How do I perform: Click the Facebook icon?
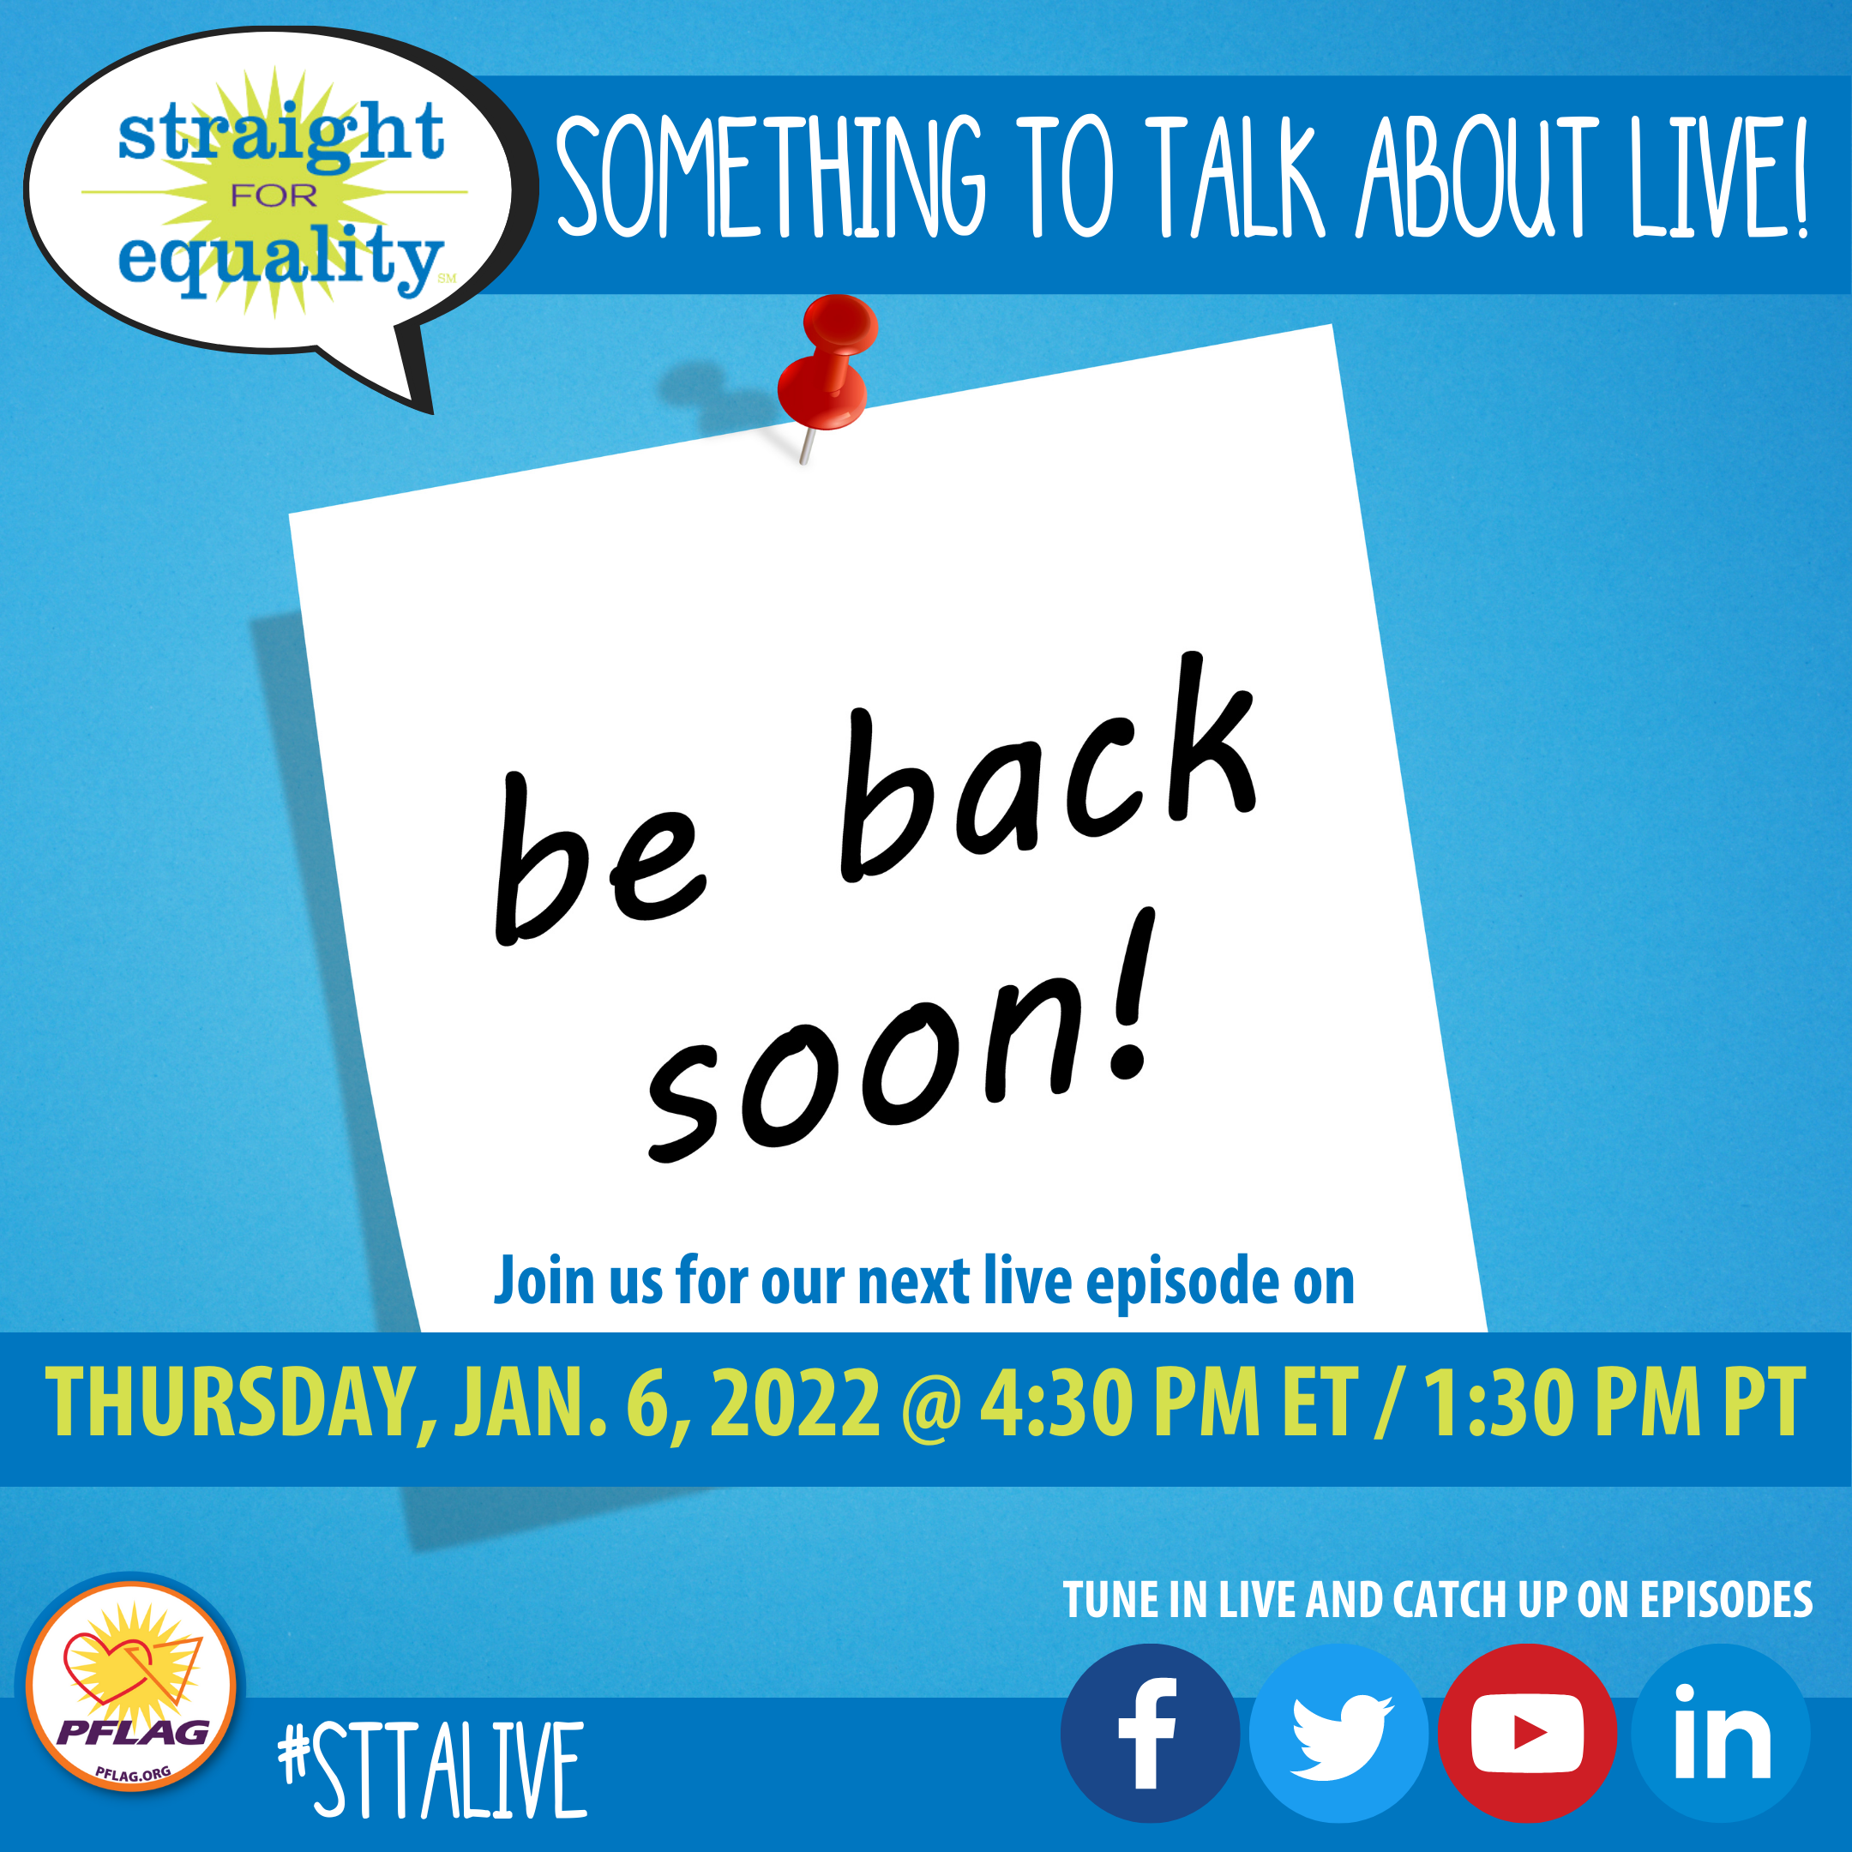pos(1149,1733)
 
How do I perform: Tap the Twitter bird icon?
pos(1338,1733)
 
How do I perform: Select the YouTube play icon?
pos(1527,1733)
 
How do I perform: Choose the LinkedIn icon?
pos(1721,1733)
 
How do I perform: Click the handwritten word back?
pos(1049,767)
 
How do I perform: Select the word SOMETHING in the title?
pos(771,177)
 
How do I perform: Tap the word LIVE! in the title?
pos(1720,177)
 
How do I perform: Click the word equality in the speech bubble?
pos(280,260)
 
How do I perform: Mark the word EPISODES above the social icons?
pos(1725,1600)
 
